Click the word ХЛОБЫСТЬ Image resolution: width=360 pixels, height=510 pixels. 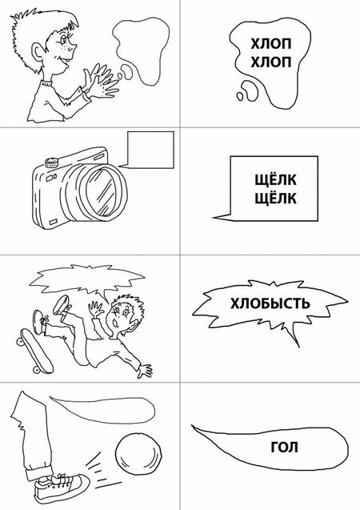pyautogui.click(x=270, y=303)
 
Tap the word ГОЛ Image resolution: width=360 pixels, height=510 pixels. pyautogui.click(x=284, y=448)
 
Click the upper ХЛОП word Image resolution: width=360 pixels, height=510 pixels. pyautogui.click(x=270, y=43)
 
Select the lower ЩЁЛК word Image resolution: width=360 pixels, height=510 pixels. pyautogui.click(x=275, y=198)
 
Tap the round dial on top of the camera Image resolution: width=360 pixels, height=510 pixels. pyautogui.click(x=52, y=162)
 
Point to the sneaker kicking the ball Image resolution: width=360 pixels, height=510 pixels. pyautogui.click(x=61, y=486)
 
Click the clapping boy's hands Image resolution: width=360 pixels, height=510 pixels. pyautogui.click(x=101, y=82)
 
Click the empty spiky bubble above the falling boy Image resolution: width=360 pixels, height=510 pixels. pyautogui.click(x=87, y=279)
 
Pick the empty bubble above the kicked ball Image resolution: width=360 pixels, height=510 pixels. pyautogui.click(x=103, y=409)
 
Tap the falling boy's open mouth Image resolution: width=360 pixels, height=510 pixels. pyautogui.click(x=115, y=323)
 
